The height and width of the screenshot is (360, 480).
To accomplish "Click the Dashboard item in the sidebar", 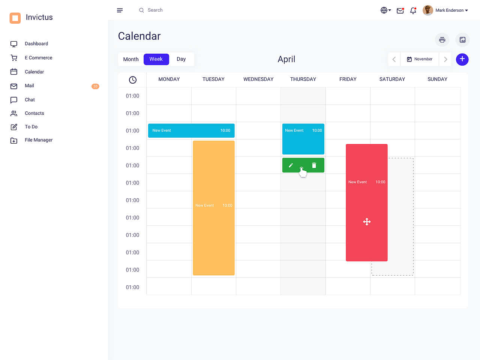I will click(x=36, y=44).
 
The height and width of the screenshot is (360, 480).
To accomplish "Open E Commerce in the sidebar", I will click(x=38, y=58).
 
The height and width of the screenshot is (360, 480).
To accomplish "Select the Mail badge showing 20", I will click(x=95, y=86).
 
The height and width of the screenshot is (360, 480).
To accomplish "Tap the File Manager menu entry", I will click(x=38, y=140).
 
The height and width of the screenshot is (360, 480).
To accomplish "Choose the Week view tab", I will click(x=156, y=59).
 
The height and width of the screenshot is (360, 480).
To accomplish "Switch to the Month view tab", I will click(x=131, y=59).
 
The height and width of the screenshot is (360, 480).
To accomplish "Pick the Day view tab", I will click(x=181, y=59).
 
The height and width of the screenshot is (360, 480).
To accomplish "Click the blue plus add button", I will click(x=462, y=59).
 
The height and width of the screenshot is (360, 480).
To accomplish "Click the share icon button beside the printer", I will click(x=462, y=40).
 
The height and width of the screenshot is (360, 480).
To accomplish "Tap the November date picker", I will click(x=420, y=59).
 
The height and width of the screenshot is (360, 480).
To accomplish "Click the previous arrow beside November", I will click(x=394, y=59).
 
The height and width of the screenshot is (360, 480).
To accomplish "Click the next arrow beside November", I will click(x=445, y=59).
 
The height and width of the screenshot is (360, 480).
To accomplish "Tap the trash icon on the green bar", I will click(x=314, y=165).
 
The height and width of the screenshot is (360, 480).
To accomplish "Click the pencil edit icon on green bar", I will click(x=291, y=165).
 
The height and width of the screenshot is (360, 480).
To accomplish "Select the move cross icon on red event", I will click(x=367, y=222).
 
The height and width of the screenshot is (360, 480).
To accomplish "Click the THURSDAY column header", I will click(x=303, y=79).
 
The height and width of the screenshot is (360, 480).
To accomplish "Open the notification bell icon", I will click(x=413, y=10).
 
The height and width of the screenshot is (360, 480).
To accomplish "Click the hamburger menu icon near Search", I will click(x=120, y=10).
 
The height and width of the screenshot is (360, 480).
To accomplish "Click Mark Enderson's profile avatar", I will click(x=428, y=10).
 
